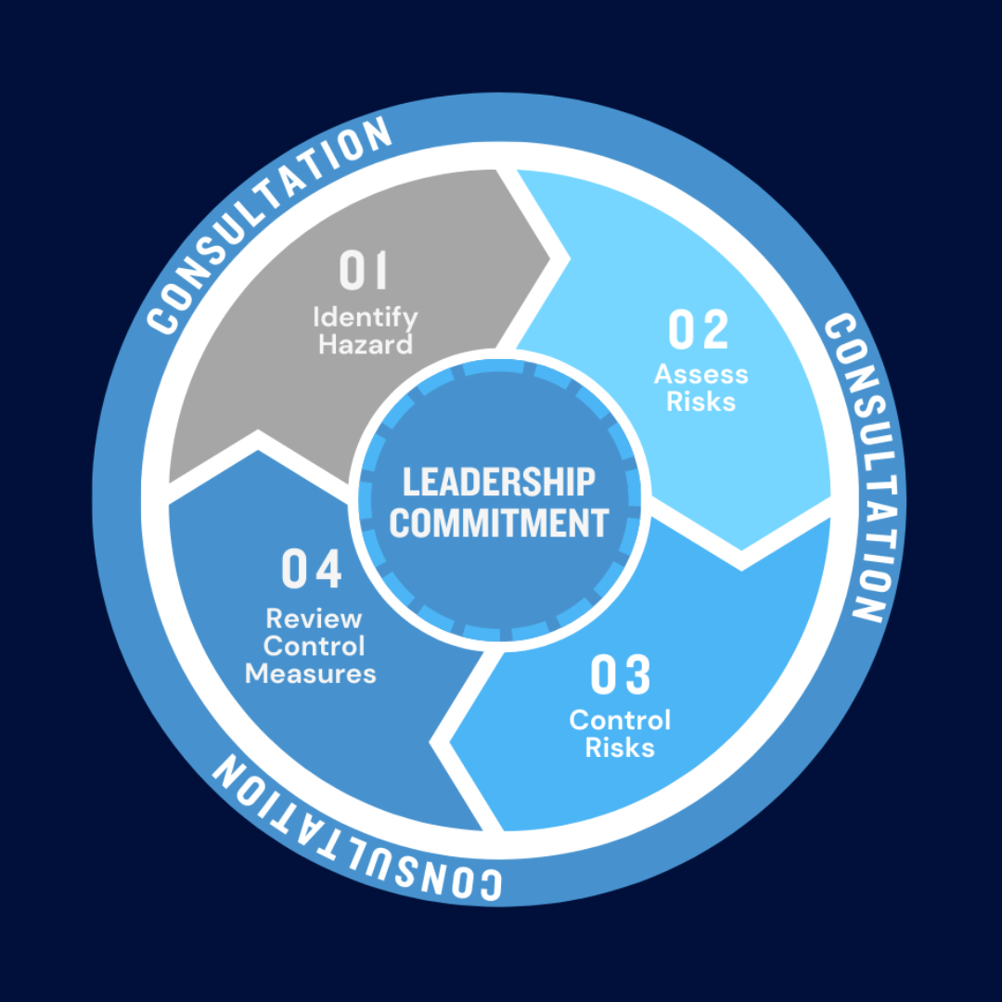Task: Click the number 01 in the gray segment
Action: point(363,270)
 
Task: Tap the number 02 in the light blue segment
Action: point(698,329)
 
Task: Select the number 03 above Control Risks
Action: point(620,674)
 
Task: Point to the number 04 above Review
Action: point(312,568)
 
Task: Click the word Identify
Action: point(366,318)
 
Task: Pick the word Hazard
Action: point(366,345)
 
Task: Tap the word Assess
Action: point(701,375)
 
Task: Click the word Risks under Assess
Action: point(701,402)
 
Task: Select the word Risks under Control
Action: point(620,748)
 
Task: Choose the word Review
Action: point(314,619)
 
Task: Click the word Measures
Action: point(311,674)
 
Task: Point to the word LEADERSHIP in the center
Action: point(499,482)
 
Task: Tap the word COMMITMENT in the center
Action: point(499,523)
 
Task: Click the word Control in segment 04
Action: point(314,646)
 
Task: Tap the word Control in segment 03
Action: point(620,720)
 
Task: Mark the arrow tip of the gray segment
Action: point(550,259)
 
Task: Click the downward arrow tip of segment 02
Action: point(741,549)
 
